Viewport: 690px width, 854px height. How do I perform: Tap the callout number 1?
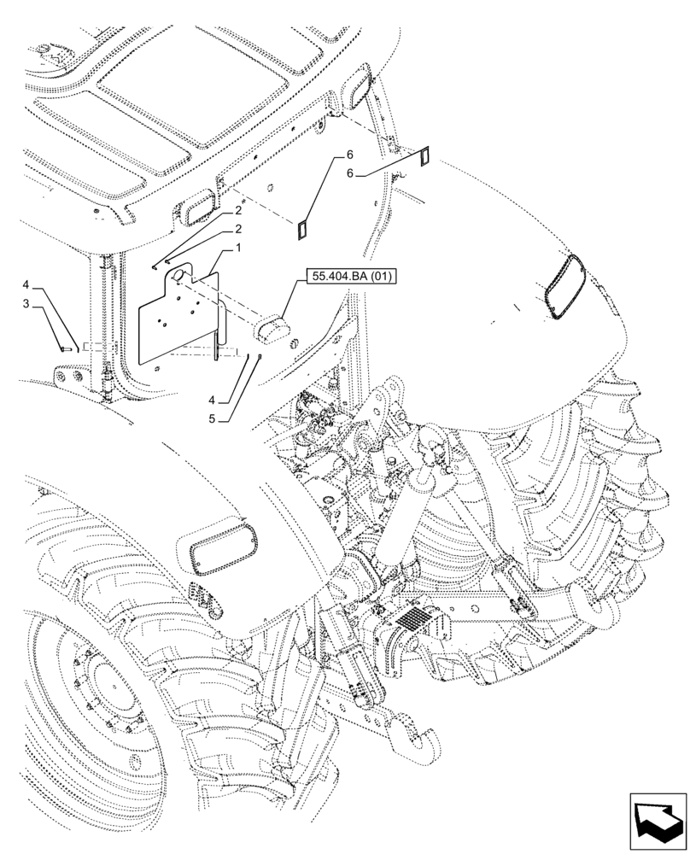[x=239, y=248]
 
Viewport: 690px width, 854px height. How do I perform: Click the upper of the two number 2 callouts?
[x=239, y=209]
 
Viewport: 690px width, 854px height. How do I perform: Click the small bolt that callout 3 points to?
[x=65, y=348]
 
